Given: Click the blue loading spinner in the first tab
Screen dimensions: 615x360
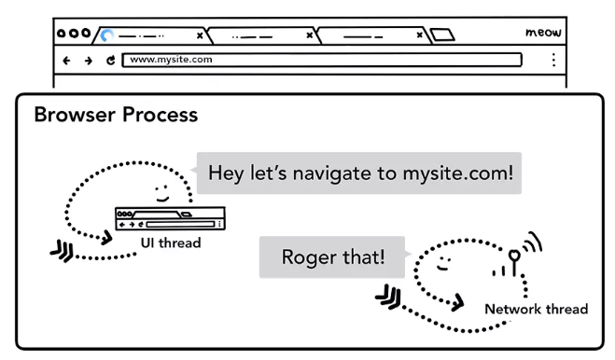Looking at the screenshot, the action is pos(106,35).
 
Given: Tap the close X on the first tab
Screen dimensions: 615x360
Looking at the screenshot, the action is pos(200,35).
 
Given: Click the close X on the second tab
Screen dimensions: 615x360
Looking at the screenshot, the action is pos(310,35).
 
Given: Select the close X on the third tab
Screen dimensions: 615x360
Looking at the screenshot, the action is pos(419,35).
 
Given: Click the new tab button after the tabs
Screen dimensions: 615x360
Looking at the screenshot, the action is pos(442,35).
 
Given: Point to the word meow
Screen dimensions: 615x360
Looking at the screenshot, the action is pos(543,32).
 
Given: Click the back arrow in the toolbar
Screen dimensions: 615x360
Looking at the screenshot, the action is pos(66,61).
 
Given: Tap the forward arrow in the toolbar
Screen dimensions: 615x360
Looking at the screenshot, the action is pos(89,61).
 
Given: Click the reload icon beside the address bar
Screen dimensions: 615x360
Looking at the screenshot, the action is pos(111,60).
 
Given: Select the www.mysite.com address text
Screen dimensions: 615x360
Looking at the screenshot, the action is pos(171,59).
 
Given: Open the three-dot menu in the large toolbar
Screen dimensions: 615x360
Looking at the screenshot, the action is pos(553,60).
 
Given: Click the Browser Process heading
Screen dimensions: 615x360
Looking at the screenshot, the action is pos(116,115).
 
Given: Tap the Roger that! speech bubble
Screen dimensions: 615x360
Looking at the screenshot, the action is pos(332,257).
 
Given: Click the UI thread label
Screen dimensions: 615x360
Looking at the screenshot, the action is pos(171,243).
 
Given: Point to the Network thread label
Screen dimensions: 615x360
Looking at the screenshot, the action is pos(537,309).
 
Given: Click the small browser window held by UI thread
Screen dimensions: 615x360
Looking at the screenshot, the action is pos(170,218).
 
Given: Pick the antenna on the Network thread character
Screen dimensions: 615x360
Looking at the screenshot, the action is pos(514,262).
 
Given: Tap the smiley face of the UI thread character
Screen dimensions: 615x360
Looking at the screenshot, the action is pos(162,194).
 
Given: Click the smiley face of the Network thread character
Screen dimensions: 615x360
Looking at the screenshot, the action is pos(444,263).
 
